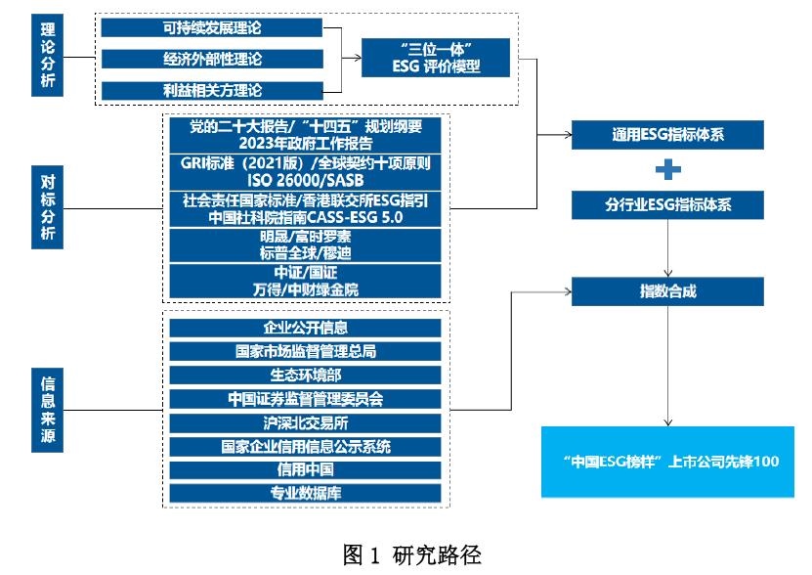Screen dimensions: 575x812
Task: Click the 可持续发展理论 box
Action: (213, 28)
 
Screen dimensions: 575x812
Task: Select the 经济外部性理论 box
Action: (213, 60)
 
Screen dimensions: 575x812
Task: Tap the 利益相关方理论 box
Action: (213, 91)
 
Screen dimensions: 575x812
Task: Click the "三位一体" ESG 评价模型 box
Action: (435, 58)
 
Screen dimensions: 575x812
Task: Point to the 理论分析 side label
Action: (47, 55)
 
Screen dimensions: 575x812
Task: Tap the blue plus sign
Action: (666, 170)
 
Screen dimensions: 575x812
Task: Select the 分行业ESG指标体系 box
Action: (666, 204)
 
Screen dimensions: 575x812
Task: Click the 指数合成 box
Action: (666, 290)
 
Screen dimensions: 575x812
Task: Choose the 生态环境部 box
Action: (306, 375)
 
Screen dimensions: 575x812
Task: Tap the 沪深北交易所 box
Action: (306, 422)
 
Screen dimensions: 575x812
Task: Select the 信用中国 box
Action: (306, 469)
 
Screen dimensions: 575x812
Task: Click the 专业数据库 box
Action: (306, 493)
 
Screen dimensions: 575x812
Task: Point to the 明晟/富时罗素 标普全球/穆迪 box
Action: (306, 244)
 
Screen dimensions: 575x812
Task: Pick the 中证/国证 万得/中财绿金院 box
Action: (306, 279)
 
